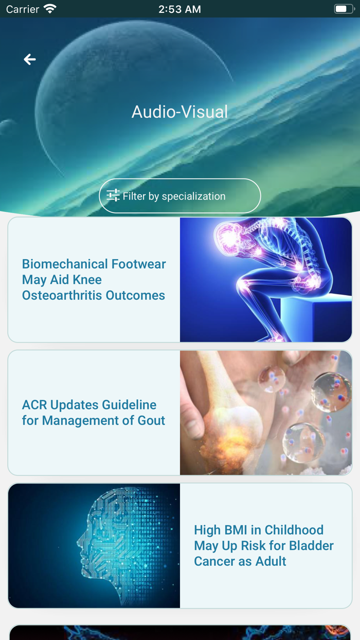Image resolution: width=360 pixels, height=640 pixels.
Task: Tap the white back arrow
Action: click(30, 60)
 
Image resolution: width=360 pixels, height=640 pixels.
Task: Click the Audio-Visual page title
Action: click(179, 112)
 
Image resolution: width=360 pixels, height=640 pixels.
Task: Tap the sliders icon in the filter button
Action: click(113, 195)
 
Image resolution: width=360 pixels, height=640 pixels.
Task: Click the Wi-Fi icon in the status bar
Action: click(50, 9)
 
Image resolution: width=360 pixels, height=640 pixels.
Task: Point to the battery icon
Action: click(344, 9)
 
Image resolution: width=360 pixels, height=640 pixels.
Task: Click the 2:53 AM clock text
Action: click(179, 9)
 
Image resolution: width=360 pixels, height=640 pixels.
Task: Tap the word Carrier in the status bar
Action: click(23, 9)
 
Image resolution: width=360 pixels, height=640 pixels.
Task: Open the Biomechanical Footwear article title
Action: click(94, 279)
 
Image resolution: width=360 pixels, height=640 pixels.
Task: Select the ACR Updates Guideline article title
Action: click(93, 413)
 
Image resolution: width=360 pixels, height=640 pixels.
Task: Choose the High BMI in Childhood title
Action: click(263, 545)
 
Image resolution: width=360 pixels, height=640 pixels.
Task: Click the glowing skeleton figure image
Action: click(265, 279)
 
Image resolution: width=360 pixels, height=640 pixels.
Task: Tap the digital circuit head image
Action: click(94, 545)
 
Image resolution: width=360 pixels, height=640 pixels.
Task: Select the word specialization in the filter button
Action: click(193, 196)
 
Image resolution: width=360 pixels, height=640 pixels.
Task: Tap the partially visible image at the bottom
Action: click(180, 633)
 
